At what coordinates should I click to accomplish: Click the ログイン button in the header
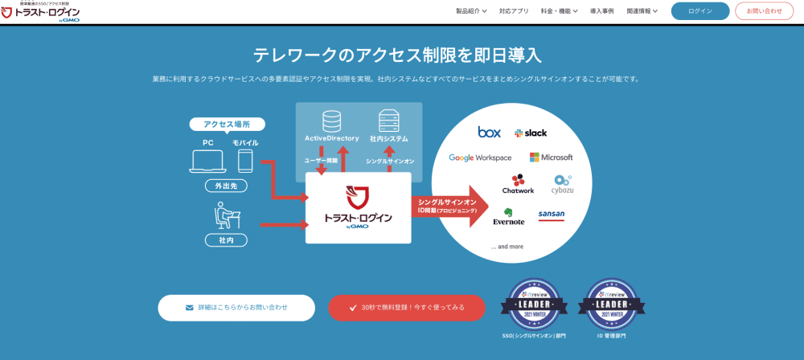700,11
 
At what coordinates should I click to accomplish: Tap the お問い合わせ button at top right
764,11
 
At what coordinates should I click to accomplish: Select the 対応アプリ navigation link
514,11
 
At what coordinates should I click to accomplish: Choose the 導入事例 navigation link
602,11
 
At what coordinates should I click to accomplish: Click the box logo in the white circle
489,132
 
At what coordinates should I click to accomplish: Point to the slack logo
531,133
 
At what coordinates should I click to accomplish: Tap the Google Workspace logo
480,157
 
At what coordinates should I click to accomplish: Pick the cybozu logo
562,184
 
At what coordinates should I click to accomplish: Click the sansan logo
551,215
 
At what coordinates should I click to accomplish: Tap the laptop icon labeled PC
207,161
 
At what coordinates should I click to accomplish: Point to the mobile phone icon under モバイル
245,161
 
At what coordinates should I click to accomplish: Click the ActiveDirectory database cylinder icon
330,121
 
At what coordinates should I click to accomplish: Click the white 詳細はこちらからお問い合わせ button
236,308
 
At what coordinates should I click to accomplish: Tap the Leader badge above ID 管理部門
611,305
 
